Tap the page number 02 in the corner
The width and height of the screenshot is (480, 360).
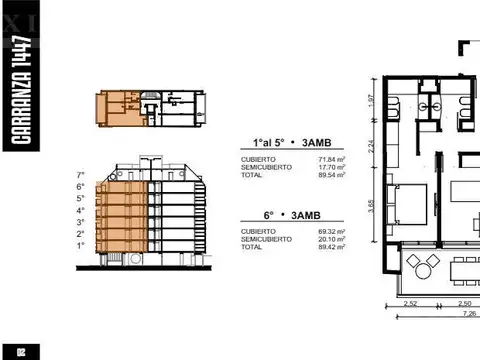click(x=21, y=349)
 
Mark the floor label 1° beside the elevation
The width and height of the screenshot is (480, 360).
click(x=81, y=244)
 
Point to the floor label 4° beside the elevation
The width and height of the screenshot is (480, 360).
click(x=81, y=209)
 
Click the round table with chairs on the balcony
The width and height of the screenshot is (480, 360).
click(x=419, y=267)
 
